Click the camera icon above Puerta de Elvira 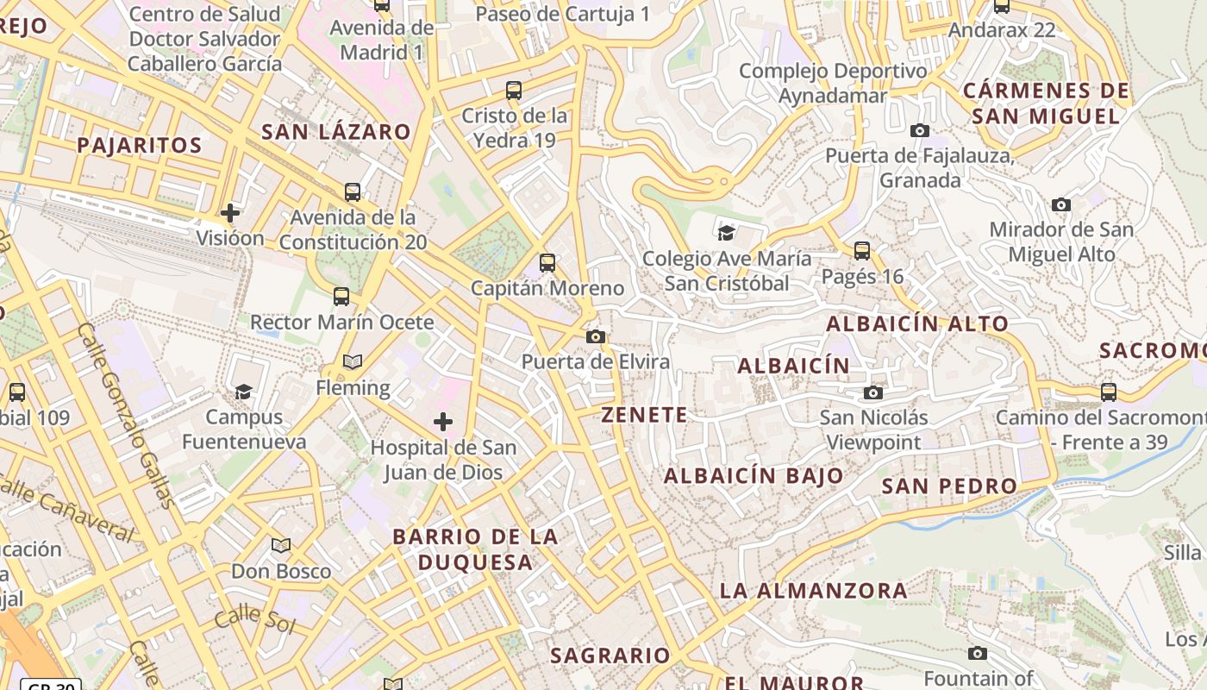pos(595,336)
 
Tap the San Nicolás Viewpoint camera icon pos(872,393)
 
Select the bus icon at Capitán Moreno pos(547,263)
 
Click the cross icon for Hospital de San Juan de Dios pos(443,422)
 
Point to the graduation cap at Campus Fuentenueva pos(244,392)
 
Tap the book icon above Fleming pos(352,361)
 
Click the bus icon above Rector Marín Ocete pos(341,297)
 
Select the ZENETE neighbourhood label pos(645,415)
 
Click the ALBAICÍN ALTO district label pos(917,324)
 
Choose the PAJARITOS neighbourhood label pos(140,145)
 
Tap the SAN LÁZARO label pos(336,132)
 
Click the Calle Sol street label pos(254,620)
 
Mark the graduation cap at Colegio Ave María pos(726,232)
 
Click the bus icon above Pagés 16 pos(861,251)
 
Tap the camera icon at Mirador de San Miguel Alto pos(1060,204)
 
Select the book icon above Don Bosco pos(280,545)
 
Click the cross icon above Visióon pos(229,212)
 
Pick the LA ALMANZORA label pos(813,591)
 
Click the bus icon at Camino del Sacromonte pos(1108,392)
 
